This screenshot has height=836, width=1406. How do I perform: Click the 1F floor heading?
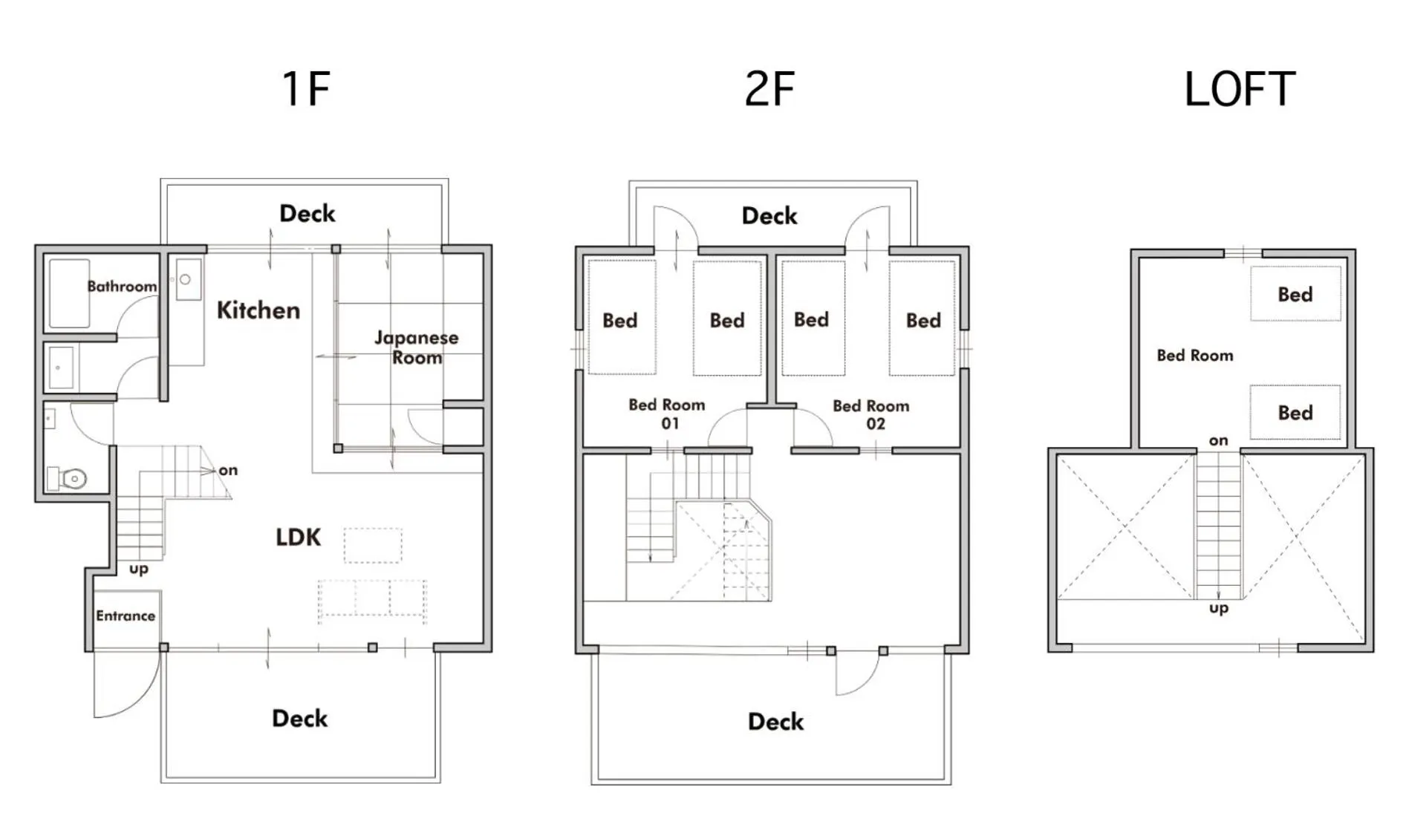pyautogui.click(x=305, y=89)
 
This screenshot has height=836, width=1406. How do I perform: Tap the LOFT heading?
pyautogui.click(x=1239, y=89)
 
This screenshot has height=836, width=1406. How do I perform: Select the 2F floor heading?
pyautogui.click(x=769, y=89)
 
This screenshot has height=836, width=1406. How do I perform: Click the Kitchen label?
pyautogui.click(x=258, y=310)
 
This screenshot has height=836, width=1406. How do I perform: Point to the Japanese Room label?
pyautogui.click(x=417, y=347)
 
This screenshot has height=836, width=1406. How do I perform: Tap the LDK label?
pyautogui.click(x=298, y=537)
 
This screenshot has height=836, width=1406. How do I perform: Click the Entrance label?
pyautogui.click(x=126, y=615)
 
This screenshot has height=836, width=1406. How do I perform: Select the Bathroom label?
pyautogui.click(x=122, y=286)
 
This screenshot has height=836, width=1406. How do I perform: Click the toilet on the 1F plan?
pyautogui.click(x=68, y=478)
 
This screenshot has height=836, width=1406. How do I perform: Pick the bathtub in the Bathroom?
pyautogui.click(x=69, y=293)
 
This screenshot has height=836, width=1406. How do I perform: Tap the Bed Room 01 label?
pyautogui.click(x=667, y=414)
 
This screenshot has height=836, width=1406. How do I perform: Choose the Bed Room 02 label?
pyautogui.click(x=871, y=414)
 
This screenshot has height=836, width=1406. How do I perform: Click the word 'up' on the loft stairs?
pyautogui.click(x=1218, y=608)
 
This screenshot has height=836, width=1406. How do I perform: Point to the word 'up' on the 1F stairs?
pyautogui.click(x=139, y=569)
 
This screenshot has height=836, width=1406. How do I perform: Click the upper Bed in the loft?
pyautogui.click(x=1295, y=294)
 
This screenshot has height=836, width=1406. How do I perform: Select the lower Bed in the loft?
pyautogui.click(x=1295, y=412)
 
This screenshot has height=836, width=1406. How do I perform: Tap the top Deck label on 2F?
pyautogui.click(x=769, y=216)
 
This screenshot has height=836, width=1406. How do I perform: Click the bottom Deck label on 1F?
pyautogui.click(x=299, y=718)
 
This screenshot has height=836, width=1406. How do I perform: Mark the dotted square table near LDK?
pyautogui.click(x=373, y=545)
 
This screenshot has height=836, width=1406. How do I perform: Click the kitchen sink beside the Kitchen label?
pyautogui.click(x=189, y=279)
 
